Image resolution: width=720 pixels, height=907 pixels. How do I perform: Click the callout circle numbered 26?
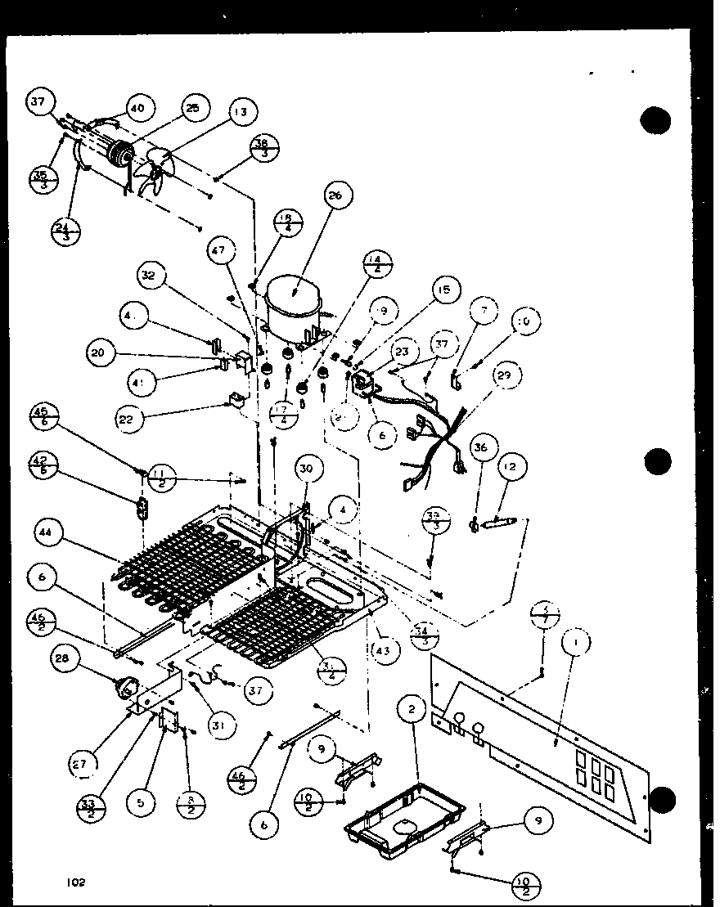click(x=339, y=195)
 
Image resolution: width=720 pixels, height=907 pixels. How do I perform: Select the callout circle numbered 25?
click(x=193, y=108)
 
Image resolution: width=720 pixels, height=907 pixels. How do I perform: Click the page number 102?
click(x=77, y=882)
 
